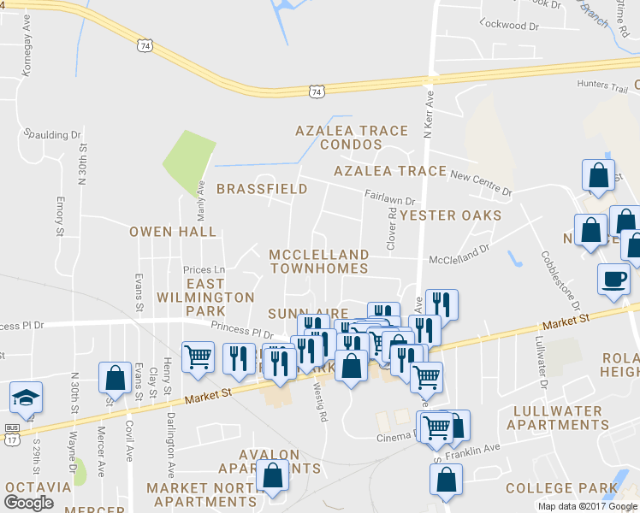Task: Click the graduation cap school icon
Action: click(x=26, y=397)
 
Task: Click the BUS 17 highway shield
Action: click(x=12, y=433)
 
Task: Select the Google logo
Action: click(x=28, y=503)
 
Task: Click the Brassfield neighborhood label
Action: click(x=262, y=188)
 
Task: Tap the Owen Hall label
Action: click(x=173, y=231)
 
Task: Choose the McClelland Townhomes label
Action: click(x=319, y=261)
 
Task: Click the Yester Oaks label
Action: click(x=450, y=215)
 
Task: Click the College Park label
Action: click(x=561, y=488)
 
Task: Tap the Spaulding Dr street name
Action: click(x=51, y=134)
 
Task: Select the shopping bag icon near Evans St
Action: click(x=114, y=378)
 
